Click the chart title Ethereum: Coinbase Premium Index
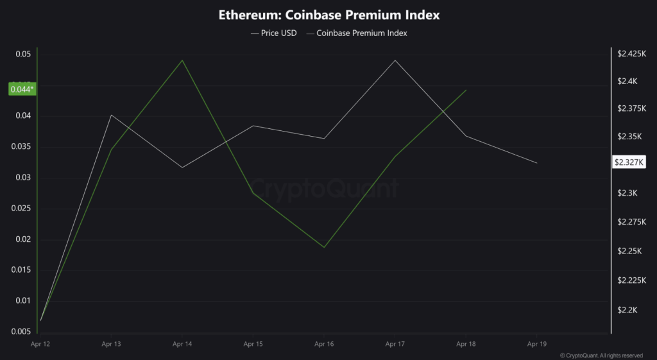point(328,14)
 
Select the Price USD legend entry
point(273,33)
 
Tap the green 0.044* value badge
point(22,89)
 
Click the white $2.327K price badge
point(628,162)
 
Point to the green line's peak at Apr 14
point(182,60)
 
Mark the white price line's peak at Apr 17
point(395,60)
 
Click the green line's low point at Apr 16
point(324,247)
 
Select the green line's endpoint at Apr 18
point(466,90)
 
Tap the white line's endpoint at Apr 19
point(536,163)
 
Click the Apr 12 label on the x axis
point(40,345)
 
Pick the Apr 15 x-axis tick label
point(253,345)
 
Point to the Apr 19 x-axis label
point(536,345)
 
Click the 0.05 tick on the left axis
point(22,55)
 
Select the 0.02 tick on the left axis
point(22,239)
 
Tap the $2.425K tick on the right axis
point(631,55)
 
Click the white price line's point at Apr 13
point(111,115)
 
